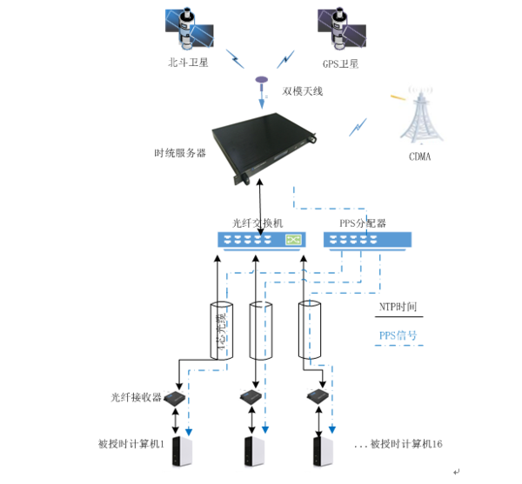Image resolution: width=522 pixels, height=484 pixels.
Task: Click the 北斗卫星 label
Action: [188, 63]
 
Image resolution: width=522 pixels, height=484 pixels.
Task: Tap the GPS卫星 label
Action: [341, 63]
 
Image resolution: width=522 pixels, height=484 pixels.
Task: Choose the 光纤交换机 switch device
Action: [261, 240]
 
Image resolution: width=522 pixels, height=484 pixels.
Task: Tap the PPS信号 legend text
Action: [398, 335]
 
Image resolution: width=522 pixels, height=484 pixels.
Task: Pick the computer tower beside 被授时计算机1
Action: [184, 450]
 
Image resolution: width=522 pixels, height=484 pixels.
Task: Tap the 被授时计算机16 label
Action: [406, 444]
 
